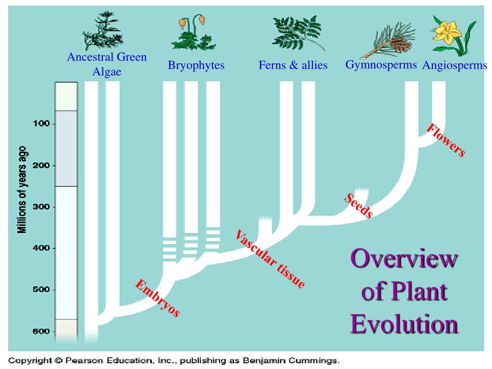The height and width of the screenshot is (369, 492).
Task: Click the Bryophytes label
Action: tap(196, 65)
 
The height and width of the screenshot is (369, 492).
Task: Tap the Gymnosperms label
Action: tap(381, 65)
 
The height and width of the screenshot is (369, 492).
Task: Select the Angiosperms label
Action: tap(455, 66)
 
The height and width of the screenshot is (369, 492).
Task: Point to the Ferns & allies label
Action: tap(293, 65)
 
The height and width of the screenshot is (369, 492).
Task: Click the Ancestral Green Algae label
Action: tap(107, 64)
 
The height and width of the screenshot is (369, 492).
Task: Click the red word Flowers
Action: tap(446, 140)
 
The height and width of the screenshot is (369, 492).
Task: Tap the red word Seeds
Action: tap(358, 206)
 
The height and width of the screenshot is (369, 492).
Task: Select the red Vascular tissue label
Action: tap(270, 259)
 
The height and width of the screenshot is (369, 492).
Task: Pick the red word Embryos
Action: tap(158, 298)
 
